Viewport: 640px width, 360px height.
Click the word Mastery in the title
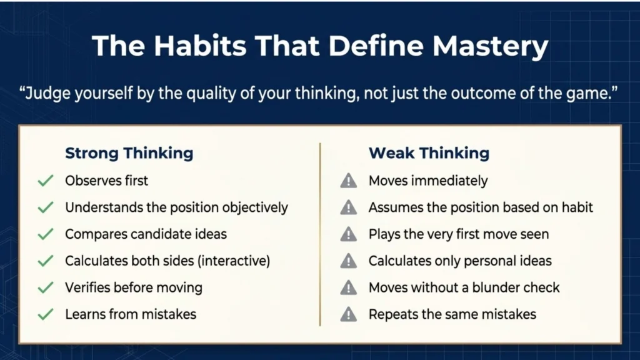pos(490,46)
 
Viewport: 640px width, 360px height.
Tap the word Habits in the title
pos(200,45)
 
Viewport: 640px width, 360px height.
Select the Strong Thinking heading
pos(129,153)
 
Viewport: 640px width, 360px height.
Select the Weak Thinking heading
pos(429,153)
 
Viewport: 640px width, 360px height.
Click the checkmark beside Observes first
pos(45,181)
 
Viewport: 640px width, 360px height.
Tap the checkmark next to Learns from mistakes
pos(45,314)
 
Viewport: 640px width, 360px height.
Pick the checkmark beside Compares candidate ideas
pos(45,234)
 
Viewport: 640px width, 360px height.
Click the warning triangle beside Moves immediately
pos(348,181)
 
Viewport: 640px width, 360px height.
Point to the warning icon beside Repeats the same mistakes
pos(348,314)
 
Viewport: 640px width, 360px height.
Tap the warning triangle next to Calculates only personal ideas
pos(348,261)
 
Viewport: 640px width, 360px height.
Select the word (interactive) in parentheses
pos(234,261)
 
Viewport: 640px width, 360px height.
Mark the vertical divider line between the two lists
pos(320,234)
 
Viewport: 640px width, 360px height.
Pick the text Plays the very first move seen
pos(459,234)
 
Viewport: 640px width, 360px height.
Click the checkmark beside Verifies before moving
pos(45,287)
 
